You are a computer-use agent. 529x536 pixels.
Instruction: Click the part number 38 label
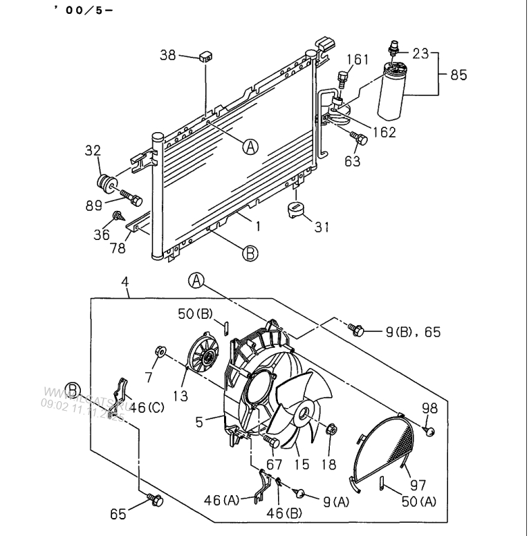click(x=168, y=55)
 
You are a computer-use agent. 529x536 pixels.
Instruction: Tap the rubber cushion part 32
click(x=105, y=186)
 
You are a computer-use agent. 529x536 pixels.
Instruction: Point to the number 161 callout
click(x=358, y=60)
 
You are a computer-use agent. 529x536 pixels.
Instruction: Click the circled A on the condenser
click(x=251, y=146)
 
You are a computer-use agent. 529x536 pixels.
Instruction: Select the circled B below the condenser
click(x=250, y=254)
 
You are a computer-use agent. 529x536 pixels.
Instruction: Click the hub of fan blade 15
click(x=302, y=414)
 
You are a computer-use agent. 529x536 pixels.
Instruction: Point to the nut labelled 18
click(x=331, y=430)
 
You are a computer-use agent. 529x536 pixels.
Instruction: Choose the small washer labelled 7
click(x=160, y=353)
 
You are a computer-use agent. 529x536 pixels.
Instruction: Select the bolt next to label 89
click(x=131, y=200)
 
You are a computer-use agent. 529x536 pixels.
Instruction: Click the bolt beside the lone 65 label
click(x=155, y=498)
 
